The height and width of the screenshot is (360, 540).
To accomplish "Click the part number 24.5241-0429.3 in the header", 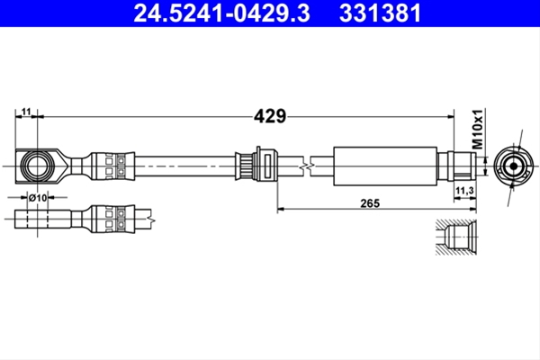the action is [x=221, y=13].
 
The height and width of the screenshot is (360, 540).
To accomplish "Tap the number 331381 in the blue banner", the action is [x=380, y=13].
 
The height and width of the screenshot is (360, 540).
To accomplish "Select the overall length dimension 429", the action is [x=270, y=116].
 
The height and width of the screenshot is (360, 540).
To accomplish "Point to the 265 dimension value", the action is [x=370, y=203].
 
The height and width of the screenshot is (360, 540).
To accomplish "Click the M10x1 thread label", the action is [x=478, y=130].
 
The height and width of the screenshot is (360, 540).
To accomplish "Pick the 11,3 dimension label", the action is [x=464, y=190].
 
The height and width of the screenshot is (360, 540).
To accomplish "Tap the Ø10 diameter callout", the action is [x=38, y=198].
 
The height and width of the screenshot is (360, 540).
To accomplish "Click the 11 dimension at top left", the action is [x=26, y=112].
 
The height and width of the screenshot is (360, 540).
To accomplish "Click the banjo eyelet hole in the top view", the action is [x=37, y=166].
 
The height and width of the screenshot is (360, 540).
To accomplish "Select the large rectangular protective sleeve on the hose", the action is [x=385, y=166].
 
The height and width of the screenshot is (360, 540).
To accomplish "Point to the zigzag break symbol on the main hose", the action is [x=306, y=166].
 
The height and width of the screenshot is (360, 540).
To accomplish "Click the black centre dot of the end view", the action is [x=514, y=166].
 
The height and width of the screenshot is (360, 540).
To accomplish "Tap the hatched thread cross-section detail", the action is [x=456, y=237].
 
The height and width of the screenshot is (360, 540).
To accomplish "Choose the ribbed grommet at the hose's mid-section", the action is [x=256, y=166].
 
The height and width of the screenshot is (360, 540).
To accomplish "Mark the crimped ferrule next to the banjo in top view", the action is [x=112, y=166].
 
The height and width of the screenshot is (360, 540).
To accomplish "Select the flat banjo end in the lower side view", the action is [x=42, y=219].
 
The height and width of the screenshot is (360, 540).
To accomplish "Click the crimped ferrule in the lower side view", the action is [x=112, y=219].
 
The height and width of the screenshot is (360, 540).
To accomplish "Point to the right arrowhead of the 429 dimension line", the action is [x=451, y=117].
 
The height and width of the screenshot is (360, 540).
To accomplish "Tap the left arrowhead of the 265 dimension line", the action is [x=282, y=209].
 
